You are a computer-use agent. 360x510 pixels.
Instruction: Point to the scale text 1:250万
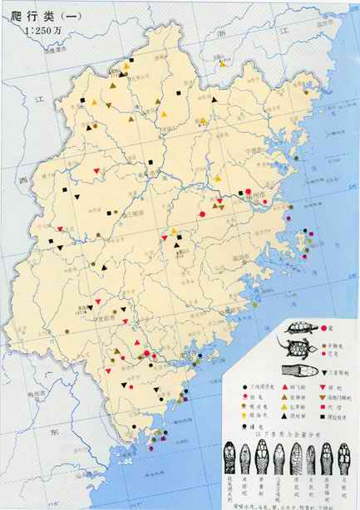pos(42,32)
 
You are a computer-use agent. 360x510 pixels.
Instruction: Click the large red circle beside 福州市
pos(248,192)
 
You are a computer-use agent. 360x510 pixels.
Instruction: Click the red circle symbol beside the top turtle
pos(321,328)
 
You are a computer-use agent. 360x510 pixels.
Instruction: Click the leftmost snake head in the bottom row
pos(231,458)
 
